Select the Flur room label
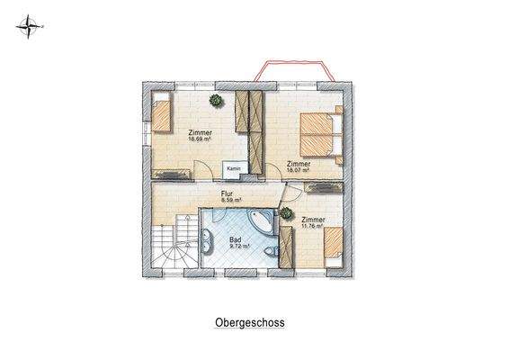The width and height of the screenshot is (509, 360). [228, 193]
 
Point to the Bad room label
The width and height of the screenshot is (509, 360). [236, 239]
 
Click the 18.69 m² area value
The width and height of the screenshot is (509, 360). [200, 140]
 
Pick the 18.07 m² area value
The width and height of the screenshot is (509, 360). [299, 170]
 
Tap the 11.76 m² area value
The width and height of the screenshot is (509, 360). [314, 227]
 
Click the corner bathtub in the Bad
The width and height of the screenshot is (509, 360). [260, 220]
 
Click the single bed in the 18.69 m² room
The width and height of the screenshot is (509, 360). [163, 116]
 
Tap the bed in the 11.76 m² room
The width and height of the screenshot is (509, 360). [334, 245]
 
